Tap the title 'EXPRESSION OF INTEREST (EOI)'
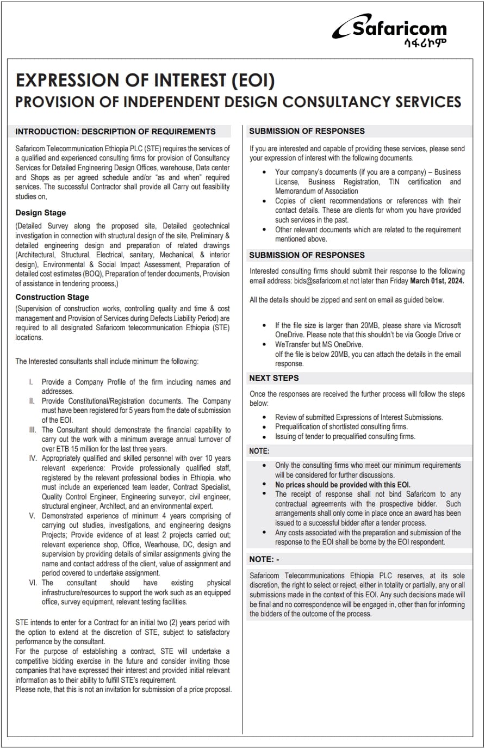[145, 81]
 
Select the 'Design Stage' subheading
[41, 213]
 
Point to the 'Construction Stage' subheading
[52, 297]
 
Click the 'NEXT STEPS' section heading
[274, 378]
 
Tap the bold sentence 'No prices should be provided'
[343, 485]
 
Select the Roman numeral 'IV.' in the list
[33, 459]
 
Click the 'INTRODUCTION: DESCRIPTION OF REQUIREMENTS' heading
[115, 132]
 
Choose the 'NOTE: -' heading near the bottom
[264, 559]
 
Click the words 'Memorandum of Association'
[316, 191]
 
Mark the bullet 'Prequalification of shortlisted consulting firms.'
[341, 427]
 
